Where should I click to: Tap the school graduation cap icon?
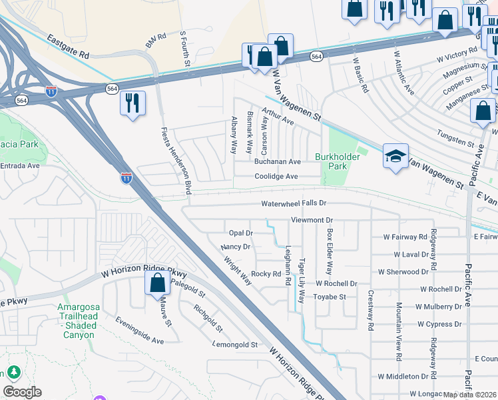tap(395, 157)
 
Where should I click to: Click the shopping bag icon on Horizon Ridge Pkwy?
tap(157, 283)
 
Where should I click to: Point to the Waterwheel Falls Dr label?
tap(294, 203)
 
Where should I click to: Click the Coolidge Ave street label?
tap(276, 177)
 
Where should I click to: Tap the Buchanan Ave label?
tap(278, 162)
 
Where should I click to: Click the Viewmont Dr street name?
tap(311, 219)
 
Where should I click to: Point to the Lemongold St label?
tap(234, 345)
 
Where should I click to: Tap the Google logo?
tap(22, 391)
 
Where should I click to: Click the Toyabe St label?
tap(330, 297)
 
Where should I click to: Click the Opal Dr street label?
tap(241, 233)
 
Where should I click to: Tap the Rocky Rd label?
tap(266, 274)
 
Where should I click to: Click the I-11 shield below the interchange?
tap(126, 177)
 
